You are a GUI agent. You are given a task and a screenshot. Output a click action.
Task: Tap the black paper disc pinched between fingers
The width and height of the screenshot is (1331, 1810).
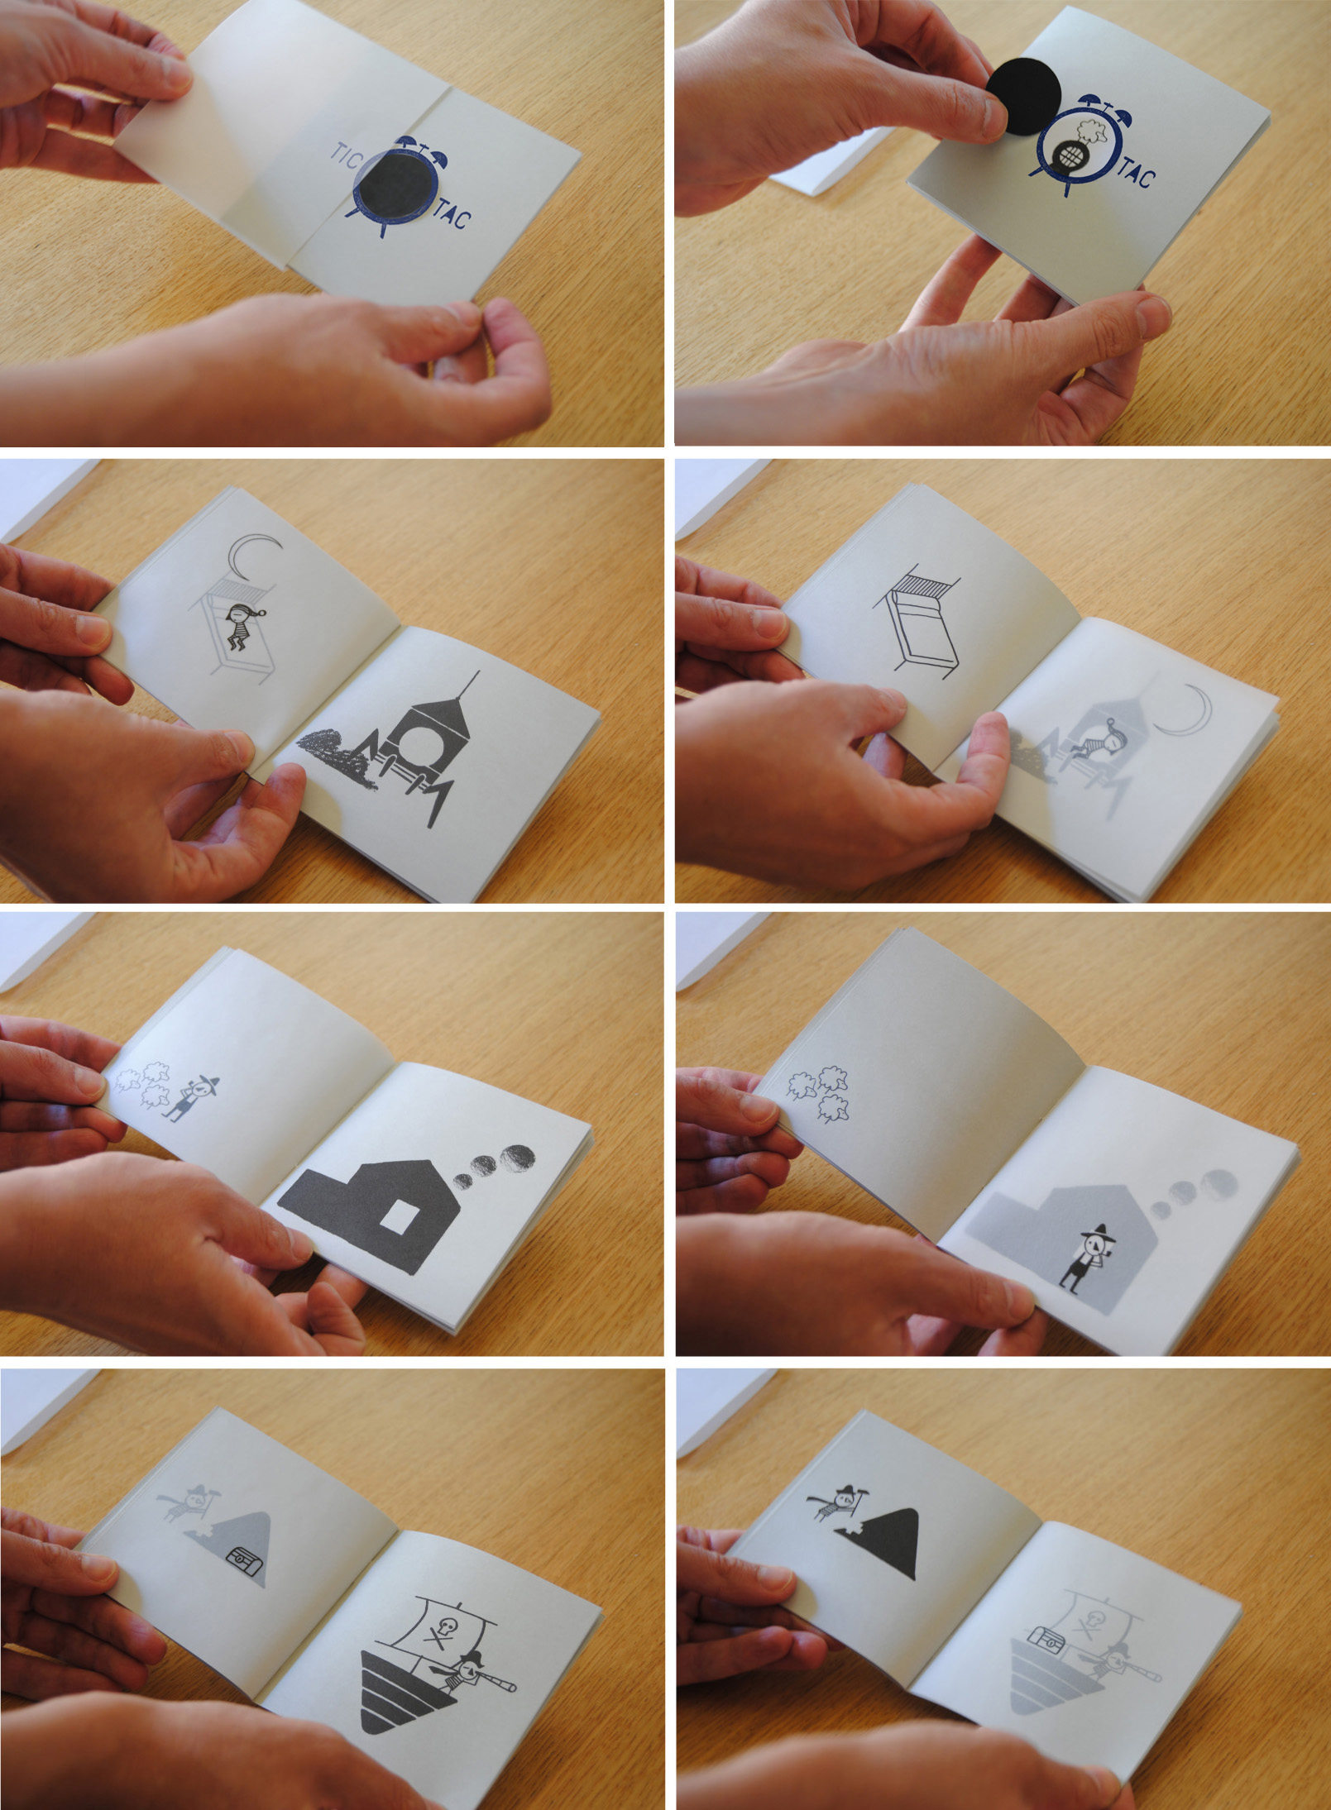coord(1024,97)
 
